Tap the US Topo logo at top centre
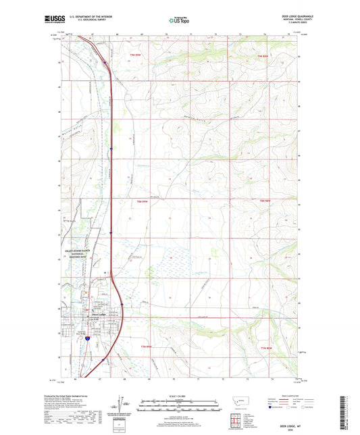[x=177, y=21]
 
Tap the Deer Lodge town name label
[x=99, y=313]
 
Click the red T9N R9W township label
[x=138, y=55]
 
